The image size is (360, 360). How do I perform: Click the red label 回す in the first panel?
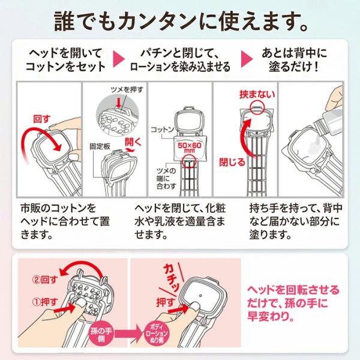click(41, 119)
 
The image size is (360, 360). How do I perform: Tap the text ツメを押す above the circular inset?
click(127, 89)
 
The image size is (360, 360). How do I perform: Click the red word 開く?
click(133, 142)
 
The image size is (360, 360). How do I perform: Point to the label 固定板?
click(100, 146)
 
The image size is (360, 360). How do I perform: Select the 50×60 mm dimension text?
click(190, 147)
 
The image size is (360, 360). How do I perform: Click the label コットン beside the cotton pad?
click(163, 130)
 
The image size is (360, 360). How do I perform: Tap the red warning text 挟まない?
click(257, 94)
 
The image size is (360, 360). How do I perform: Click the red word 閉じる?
click(232, 163)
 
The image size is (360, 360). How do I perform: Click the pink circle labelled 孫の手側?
click(101, 335)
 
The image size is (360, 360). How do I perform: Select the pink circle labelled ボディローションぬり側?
click(157, 334)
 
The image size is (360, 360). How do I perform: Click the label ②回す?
click(45, 280)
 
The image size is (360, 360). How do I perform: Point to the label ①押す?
click(45, 302)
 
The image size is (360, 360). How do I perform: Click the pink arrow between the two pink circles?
click(129, 334)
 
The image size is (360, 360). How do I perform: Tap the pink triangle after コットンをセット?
click(119, 59)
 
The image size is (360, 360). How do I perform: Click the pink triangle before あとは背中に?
click(247, 59)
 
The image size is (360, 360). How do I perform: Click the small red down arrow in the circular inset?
click(118, 103)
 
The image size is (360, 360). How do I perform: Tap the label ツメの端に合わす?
click(166, 178)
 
